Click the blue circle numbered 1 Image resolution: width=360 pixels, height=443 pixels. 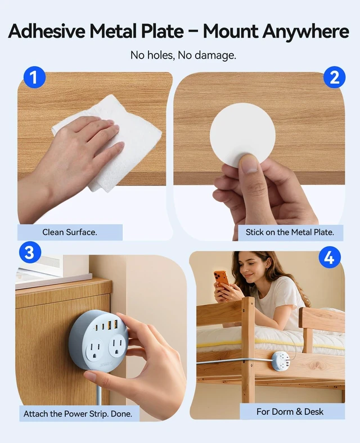pos(34,77)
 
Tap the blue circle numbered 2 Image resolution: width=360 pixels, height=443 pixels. pos(334,77)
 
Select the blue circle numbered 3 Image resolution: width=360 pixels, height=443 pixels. pos(30,252)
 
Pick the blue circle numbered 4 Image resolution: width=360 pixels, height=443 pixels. pos(330,257)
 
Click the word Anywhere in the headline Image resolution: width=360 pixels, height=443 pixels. pos(306,31)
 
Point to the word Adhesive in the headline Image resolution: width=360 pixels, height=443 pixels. pos(47,31)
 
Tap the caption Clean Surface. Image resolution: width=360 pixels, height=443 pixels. pos(70,232)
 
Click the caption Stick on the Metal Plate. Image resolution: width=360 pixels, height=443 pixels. pos(290,232)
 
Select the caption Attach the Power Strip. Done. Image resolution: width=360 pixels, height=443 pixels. pos(78,414)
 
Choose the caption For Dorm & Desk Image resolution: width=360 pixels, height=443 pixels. pos(290,412)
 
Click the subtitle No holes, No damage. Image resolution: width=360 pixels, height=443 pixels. pos(183,55)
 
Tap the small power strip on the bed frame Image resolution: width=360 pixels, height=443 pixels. pos(280,360)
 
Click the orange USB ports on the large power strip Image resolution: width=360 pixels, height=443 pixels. pos(112,324)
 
